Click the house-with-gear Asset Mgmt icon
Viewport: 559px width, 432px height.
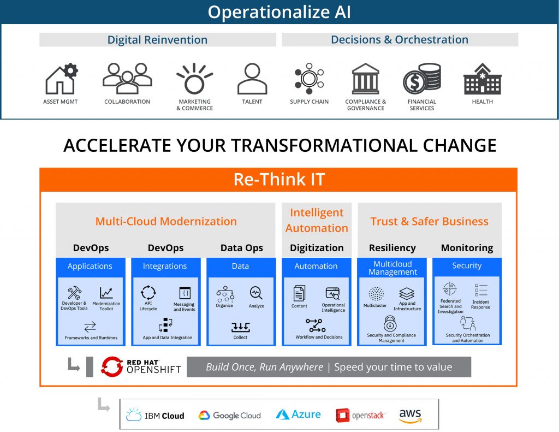(x=62, y=79)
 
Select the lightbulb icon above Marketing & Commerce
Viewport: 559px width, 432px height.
(x=194, y=79)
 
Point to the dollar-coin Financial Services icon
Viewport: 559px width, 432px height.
(x=422, y=79)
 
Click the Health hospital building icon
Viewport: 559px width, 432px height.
(x=483, y=79)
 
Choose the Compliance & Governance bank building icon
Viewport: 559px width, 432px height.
(x=365, y=79)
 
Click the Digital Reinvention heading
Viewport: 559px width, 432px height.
(x=157, y=40)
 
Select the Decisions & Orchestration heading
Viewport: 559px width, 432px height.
(x=400, y=40)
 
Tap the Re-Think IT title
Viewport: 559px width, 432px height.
(x=279, y=179)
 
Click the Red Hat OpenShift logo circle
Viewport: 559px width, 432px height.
(x=112, y=366)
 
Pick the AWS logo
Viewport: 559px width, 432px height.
(x=411, y=416)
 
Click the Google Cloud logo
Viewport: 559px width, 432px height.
(x=230, y=416)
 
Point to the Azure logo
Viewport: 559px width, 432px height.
(x=299, y=415)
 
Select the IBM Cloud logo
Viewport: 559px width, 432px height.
(x=155, y=415)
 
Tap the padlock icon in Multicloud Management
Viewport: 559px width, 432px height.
(x=390, y=324)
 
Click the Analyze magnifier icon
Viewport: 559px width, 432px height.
(x=256, y=293)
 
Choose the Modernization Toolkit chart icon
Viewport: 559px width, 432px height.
(x=106, y=293)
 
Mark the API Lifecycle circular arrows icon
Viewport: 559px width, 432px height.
(x=148, y=293)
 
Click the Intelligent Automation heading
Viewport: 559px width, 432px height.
(x=317, y=220)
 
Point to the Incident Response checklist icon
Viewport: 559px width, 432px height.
(x=480, y=289)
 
